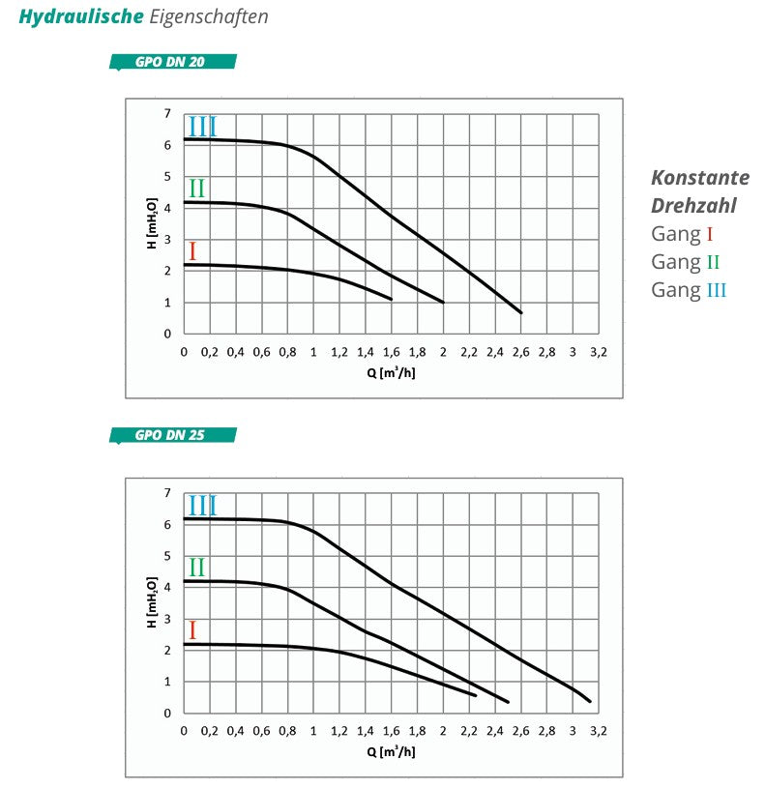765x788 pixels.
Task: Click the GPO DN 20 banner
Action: click(x=172, y=63)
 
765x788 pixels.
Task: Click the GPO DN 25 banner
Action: click(x=172, y=435)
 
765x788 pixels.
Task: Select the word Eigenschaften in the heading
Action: click(x=209, y=17)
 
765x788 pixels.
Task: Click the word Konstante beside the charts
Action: click(x=699, y=178)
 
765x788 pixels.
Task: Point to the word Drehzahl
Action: click(x=693, y=206)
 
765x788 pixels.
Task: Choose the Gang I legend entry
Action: click(x=682, y=234)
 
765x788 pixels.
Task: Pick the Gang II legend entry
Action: click(x=685, y=262)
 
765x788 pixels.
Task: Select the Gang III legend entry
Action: click(x=688, y=290)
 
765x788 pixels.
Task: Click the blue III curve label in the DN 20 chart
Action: click(x=202, y=127)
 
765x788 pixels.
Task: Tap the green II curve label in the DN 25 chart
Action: click(x=196, y=568)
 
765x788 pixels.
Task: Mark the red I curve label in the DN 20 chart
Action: click(x=192, y=252)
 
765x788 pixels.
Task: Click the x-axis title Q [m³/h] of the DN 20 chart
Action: click(x=391, y=372)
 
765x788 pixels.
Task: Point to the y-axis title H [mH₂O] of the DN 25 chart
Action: click(x=151, y=602)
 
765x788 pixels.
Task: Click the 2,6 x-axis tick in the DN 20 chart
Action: click(x=520, y=352)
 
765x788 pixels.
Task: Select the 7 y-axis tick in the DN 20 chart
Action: click(x=167, y=114)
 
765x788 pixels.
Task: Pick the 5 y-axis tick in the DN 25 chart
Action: click(x=167, y=556)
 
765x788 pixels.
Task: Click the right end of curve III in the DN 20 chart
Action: click(x=521, y=312)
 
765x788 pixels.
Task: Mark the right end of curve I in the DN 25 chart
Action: click(x=476, y=695)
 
